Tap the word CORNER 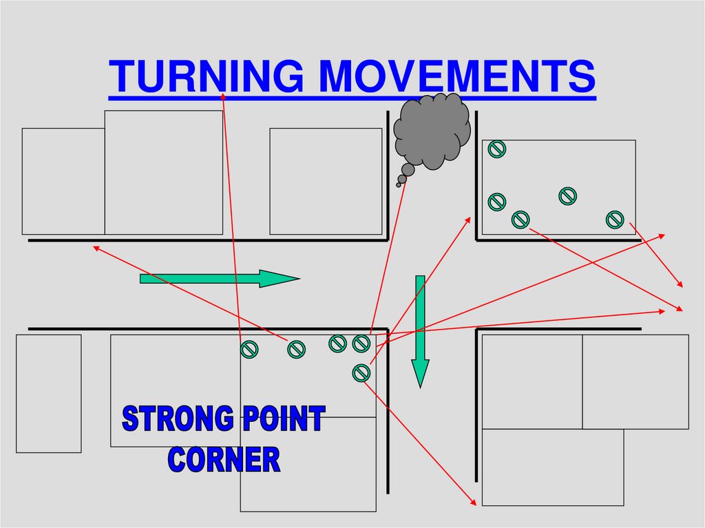[224, 459]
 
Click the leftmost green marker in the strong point [249, 350]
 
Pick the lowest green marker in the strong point [361, 372]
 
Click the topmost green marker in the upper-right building [496, 148]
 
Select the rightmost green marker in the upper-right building [615, 220]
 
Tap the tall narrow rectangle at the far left [48, 393]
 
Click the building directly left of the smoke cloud [325, 181]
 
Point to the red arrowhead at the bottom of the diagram [473, 502]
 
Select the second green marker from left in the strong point [296, 350]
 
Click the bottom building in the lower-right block [552, 467]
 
